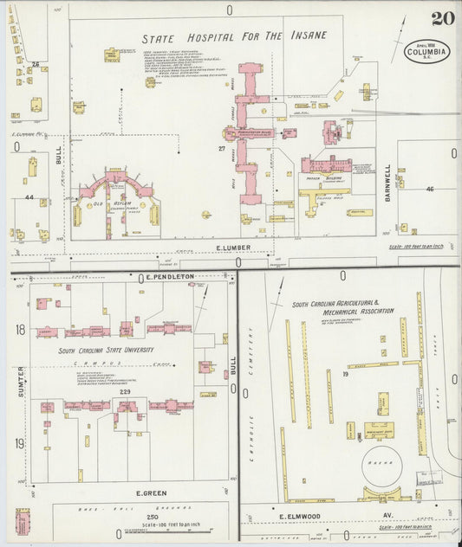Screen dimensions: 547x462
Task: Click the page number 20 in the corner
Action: [x=439, y=18]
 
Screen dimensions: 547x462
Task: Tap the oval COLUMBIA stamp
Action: [x=426, y=50]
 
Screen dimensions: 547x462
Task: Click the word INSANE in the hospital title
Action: [x=307, y=36]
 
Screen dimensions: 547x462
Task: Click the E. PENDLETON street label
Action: [x=170, y=277]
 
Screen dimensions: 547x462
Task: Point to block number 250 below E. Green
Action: [x=128, y=516]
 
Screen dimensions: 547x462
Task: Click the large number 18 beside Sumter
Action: [x=19, y=330]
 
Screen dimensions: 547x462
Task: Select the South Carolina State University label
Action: [x=106, y=351]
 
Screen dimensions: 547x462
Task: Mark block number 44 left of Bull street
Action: [x=29, y=198]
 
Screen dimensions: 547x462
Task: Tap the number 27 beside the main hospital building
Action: [x=222, y=149]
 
